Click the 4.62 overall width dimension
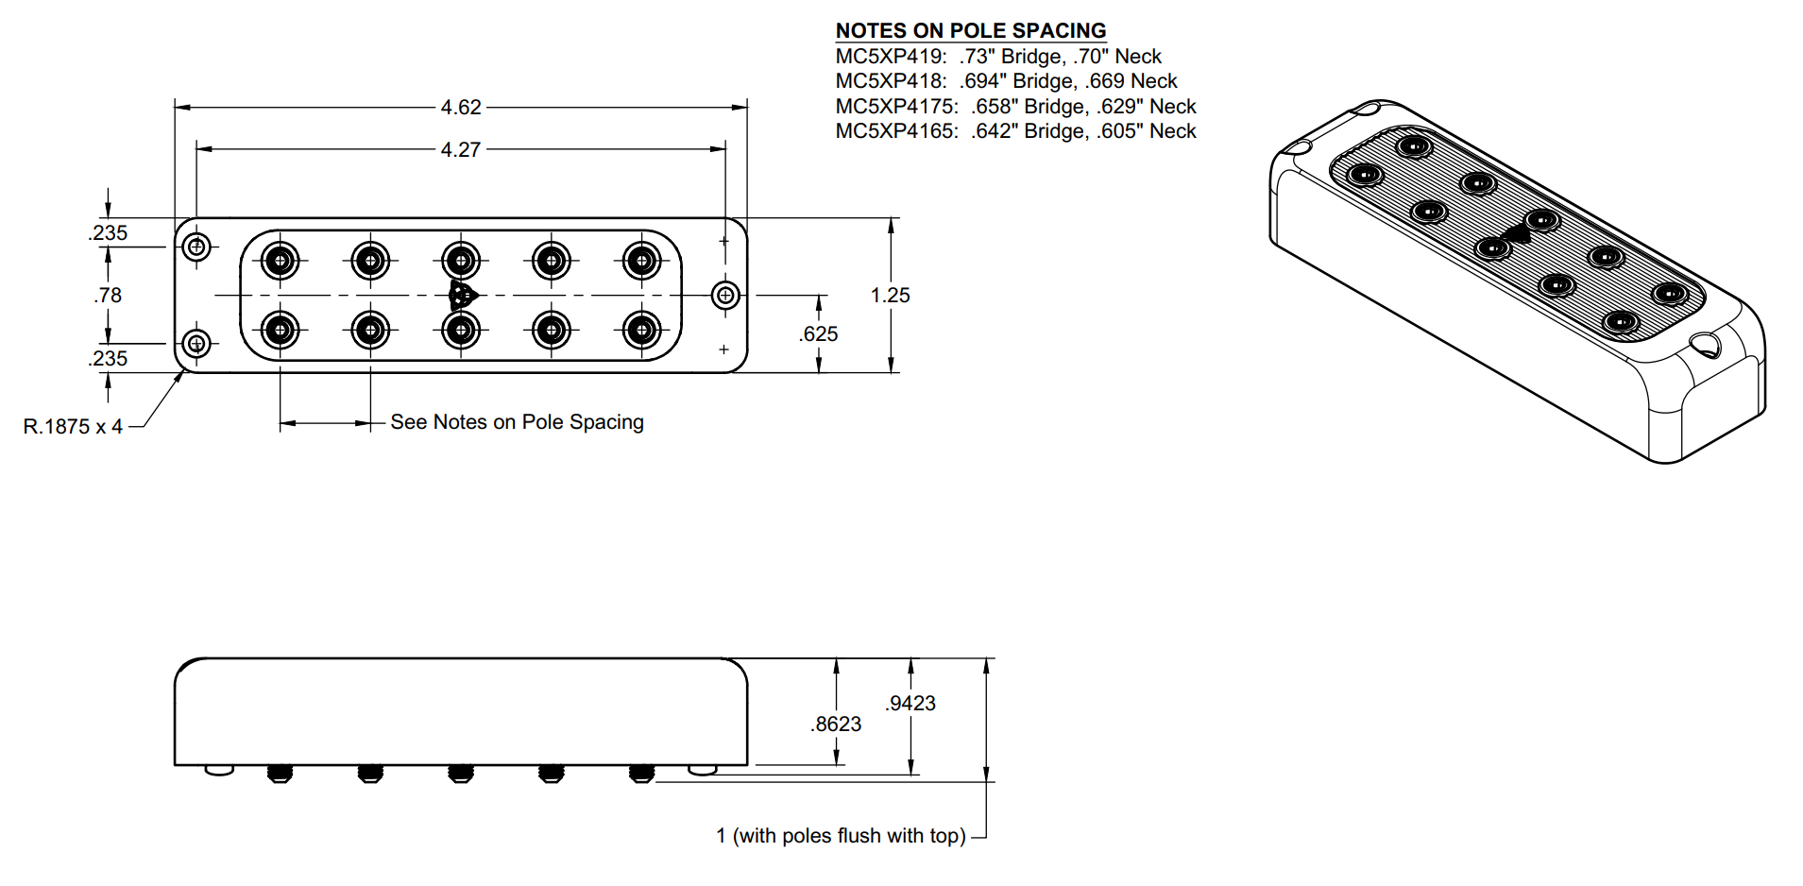(x=461, y=108)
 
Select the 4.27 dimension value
(x=461, y=150)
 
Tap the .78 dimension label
(x=108, y=296)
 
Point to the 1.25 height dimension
(x=890, y=296)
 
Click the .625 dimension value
(x=818, y=334)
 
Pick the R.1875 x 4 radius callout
(x=73, y=427)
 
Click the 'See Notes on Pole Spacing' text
(x=517, y=422)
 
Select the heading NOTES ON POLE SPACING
(x=971, y=30)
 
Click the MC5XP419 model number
(x=889, y=57)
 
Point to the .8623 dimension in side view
(x=836, y=724)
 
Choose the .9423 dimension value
(x=910, y=704)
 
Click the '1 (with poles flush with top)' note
(x=841, y=836)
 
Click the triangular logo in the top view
(x=462, y=296)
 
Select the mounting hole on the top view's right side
(x=725, y=296)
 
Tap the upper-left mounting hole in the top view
(x=196, y=247)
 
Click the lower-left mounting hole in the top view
(x=196, y=343)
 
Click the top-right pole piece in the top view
(x=642, y=260)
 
